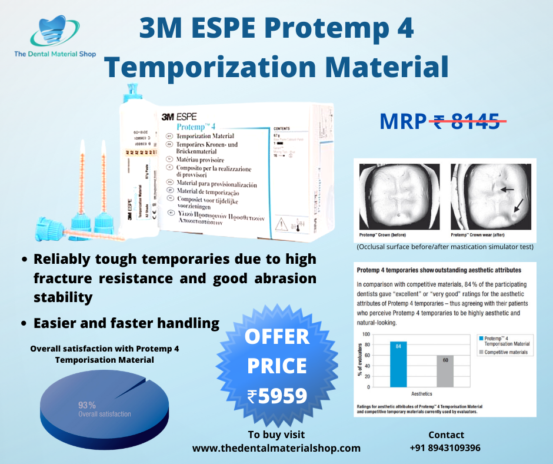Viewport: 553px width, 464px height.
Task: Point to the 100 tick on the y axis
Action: click(x=365, y=334)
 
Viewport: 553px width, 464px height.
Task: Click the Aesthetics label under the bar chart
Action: click(x=421, y=393)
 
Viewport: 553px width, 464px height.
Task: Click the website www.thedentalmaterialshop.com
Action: click(x=276, y=448)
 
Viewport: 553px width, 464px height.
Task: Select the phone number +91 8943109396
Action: click(x=445, y=448)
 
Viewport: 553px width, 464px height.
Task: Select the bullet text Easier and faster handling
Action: click(x=126, y=323)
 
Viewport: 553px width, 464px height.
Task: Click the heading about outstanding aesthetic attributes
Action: click(x=438, y=270)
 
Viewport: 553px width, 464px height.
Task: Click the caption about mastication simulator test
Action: click(x=445, y=247)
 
